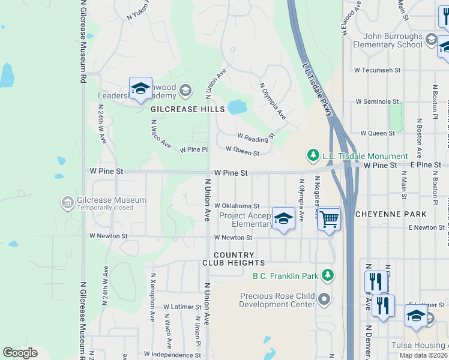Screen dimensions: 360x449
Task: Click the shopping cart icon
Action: (329, 219)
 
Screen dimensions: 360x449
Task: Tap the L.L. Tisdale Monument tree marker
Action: (313, 155)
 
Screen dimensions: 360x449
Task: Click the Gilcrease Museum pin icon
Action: (67, 203)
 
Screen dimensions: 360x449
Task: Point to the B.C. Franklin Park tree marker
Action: (327, 275)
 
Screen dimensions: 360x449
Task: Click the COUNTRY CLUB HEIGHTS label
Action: (231, 259)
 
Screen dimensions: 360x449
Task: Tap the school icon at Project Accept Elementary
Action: (283, 219)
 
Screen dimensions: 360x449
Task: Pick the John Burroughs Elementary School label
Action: (388, 40)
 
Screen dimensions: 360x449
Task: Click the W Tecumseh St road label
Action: (377, 70)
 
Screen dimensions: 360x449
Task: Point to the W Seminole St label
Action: (377, 101)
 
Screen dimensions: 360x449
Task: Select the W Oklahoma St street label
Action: (237, 205)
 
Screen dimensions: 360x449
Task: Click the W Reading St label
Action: (256, 137)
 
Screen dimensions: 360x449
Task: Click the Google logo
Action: (20, 353)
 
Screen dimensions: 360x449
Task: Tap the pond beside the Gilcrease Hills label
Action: (237, 107)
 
